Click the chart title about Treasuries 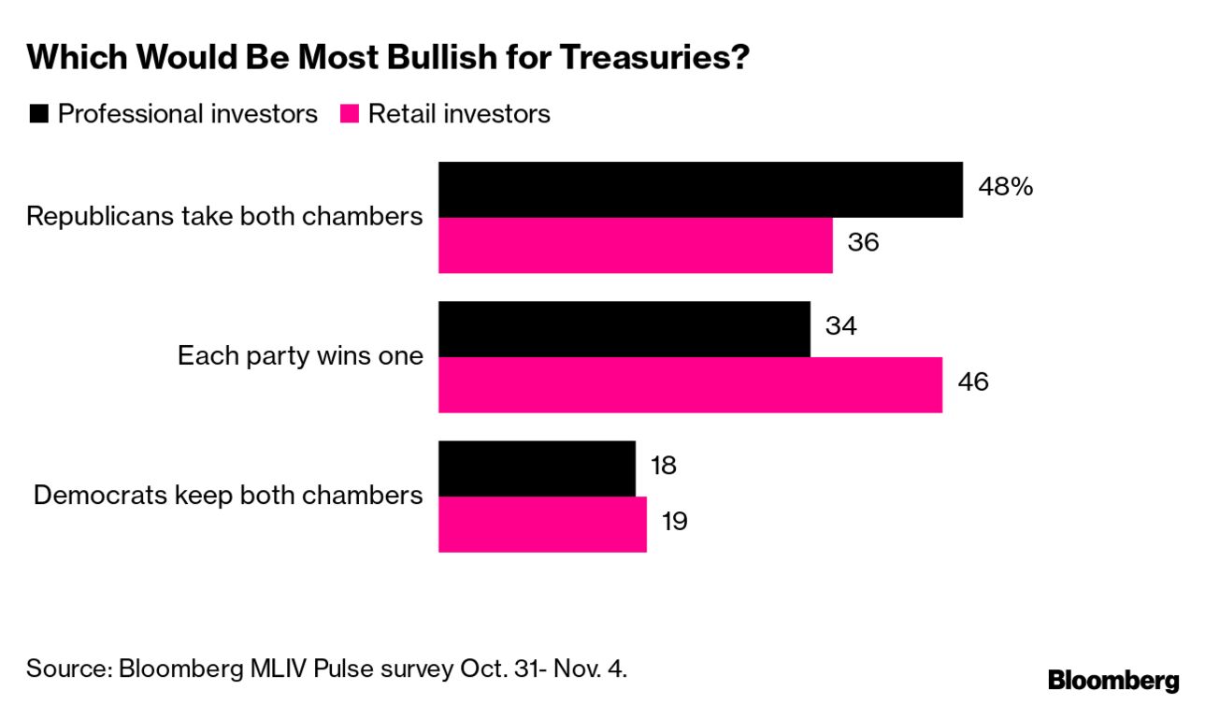(389, 59)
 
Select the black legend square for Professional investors (39, 115)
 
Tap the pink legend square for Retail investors (350, 115)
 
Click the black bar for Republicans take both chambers (700, 190)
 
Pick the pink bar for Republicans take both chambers (635, 245)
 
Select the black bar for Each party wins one (624, 329)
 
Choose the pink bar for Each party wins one (690, 384)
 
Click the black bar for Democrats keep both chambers (537, 468)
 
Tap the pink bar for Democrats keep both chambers (542, 524)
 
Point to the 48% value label (1005, 187)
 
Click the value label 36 (863, 242)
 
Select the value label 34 (840, 326)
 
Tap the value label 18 (663, 466)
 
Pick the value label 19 (674, 521)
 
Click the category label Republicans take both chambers (224, 217)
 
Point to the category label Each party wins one (300, 356)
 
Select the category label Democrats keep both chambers (228, 496)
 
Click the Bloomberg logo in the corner (1112, 681)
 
